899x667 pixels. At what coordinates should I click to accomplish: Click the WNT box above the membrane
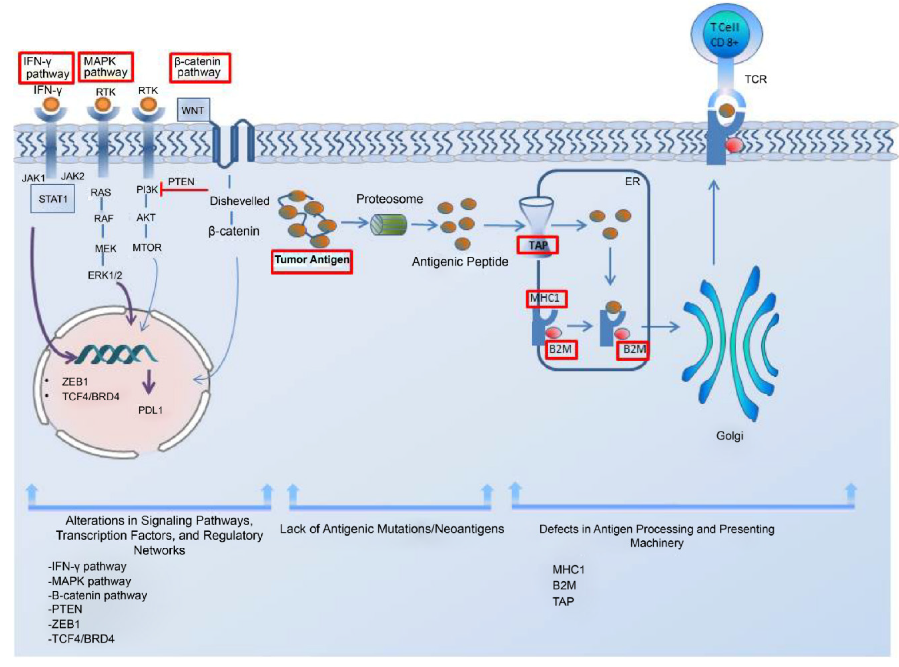tap(193, 110)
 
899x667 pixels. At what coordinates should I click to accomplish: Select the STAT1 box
tap(53, 199)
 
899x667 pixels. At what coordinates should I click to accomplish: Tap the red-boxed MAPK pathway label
tap(105, 67)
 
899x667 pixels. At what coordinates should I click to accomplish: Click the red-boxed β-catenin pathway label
tap(199, 68)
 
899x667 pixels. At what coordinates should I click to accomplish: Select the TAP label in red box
tap(538, 245)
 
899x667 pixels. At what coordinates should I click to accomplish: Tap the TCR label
tap(755, 79)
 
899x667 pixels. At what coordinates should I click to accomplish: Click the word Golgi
tap(729, 436)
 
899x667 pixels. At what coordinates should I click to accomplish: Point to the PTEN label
tap(181, 182)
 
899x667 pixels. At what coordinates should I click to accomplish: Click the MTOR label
tap(147, 248)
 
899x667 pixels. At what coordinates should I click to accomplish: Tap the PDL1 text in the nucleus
tap(150, 410)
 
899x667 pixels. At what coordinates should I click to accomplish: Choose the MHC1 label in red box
tap(546, 299)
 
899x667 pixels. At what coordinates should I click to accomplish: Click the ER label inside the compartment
tap(632, 182)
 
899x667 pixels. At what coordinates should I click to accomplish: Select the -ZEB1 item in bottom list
tap(64, 624)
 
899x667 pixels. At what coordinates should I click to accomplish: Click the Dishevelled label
tap(239, 201)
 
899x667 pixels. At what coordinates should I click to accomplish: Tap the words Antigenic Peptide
tap(460, 262)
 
